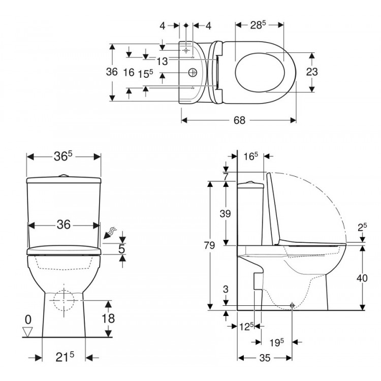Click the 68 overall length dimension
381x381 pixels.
click(240, 120)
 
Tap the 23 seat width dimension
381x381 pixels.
click(312, 72)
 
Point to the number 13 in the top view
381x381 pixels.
click(162, 61)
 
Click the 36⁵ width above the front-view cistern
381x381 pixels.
click(63, 157)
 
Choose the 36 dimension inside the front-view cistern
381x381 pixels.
click(63, 224)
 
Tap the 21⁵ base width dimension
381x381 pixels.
click(63, 357)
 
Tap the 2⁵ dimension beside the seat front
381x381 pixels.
click(362, 228)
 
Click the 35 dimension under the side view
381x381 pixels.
click(264, 358)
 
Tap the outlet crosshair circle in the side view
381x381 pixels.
click(292, 305)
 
